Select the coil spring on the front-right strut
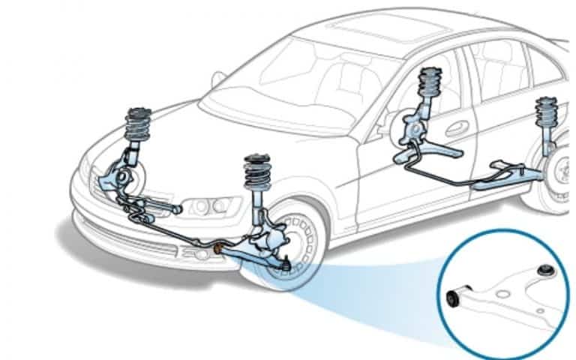[136, 127]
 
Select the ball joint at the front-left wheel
[287, 264]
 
